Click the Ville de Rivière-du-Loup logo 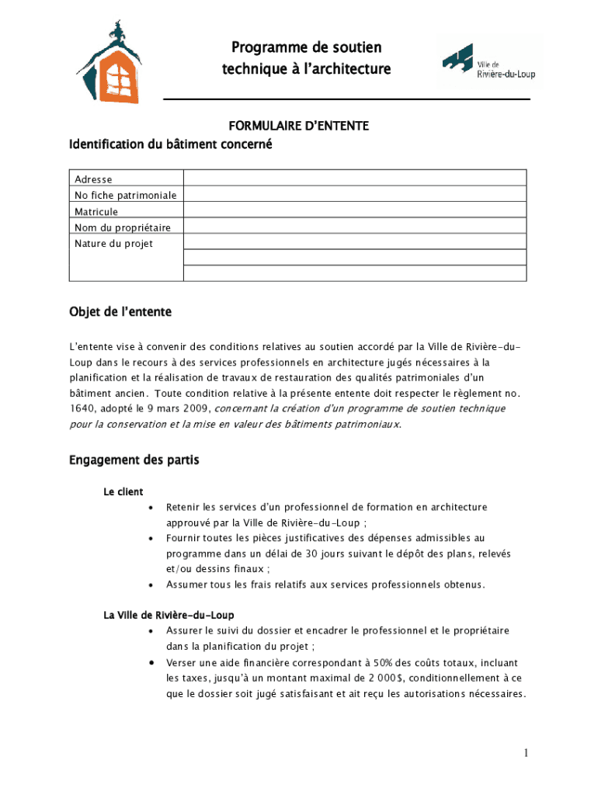pyautogui.click(x=488, y=61)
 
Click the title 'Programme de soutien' pyautogui.click(x=306, y=48)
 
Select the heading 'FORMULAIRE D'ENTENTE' pyautogui.click(x=297, y=125)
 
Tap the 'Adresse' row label pyautogui.click(x=93, y=179)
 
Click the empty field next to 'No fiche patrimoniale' pyautogui.click(x=355, y=195)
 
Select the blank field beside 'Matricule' pyautogui.click(x=355, y=211)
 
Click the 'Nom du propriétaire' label pyautogui.click(x=123, y=227)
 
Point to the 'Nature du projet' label pyautogui.click(x=113, y=244)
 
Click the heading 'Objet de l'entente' pyautogui.click(x=120, y=312)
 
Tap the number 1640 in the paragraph pyautogui.click(x=82, y=408)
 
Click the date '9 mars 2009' pyautogui.click(x=179, y=408)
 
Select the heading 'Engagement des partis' pyautogui.click(x=134, y=460)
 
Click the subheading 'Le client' pyautogui.click(x=123, y=491)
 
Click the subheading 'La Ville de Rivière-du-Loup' pyautogui.click(x=169, y=615)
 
